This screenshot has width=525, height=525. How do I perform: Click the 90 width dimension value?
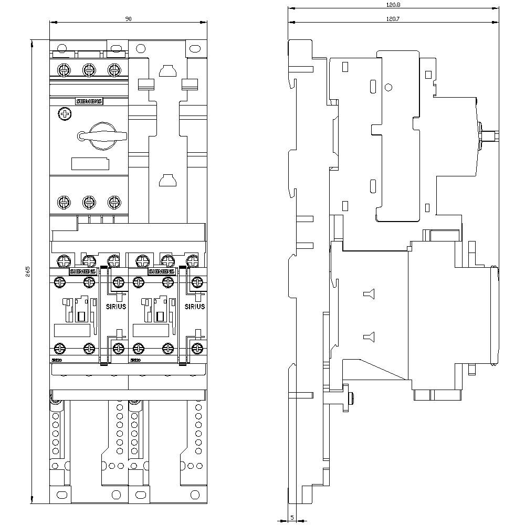tap(128, 19)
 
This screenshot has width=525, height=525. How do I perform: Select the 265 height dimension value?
tap(28, 272)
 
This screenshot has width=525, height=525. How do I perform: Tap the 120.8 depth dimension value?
tap(393, 4)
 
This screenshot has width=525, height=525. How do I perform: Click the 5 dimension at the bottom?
tap(292, 518)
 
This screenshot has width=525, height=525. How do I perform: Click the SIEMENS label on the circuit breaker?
tap(89, 101)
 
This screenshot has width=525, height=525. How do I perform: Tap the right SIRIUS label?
tap(195, 307)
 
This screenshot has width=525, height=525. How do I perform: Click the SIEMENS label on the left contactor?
tap(83, 271)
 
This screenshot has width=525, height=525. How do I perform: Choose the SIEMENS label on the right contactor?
tap(162, 271)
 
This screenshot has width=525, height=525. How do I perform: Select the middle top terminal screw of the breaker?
tap(89, 69)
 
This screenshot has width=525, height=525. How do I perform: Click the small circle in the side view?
tap(388, 87)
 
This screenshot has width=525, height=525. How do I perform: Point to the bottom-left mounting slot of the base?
tap(62, 494)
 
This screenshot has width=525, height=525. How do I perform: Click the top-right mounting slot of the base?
tap(195, 49)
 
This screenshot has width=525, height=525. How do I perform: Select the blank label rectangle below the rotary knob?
tap(89, 164)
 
